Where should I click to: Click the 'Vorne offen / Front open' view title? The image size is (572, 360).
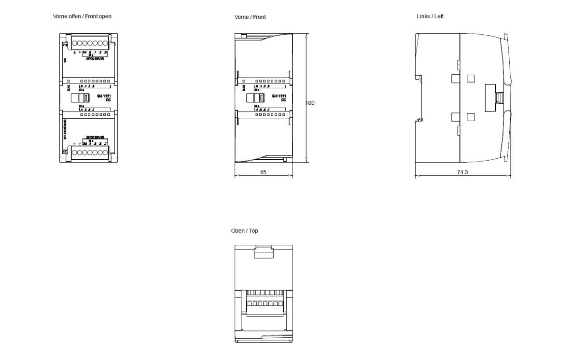[82, 16]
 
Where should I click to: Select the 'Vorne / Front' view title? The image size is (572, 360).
[250, 17]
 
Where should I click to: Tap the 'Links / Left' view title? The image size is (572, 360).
[430, 16]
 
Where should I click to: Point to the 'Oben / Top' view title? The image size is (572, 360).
[244, 231]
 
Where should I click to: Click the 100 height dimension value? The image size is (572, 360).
[310, 103]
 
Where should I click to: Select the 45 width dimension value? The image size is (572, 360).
[263, 172]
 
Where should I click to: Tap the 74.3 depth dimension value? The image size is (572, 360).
[462, 172]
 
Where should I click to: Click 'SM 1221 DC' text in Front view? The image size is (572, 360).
[279, 98]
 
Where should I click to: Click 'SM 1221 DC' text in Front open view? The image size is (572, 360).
[104, 98]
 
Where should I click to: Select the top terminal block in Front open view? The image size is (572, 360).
[90, 43]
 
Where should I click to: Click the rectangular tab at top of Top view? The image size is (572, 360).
[264, 252]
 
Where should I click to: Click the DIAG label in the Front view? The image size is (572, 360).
[243, 88]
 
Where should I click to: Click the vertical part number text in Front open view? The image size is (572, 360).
[65, 130]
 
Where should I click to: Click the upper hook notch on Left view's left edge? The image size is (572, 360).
[419, 76]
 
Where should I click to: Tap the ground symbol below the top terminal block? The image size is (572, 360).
[74, 52]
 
